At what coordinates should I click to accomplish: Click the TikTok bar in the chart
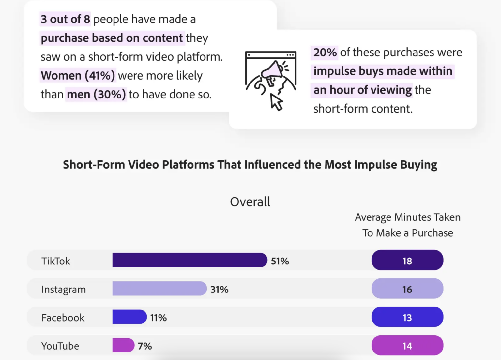(190, 260)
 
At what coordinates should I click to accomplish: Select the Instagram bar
(159, 289)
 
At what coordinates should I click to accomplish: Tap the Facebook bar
(129, 317)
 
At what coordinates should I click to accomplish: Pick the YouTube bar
(123, 345)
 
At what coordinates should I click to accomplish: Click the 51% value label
(280, 261)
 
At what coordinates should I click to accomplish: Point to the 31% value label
(219, 289)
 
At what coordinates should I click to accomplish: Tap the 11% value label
(159, 318)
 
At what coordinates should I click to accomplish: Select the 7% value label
(145, 346)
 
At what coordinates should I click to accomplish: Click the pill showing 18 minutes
(407, 260)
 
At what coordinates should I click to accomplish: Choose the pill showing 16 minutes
(407, 289)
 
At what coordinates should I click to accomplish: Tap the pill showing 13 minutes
(407, 317)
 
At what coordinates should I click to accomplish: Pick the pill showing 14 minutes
(407, 345)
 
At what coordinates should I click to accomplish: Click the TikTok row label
(56, 261)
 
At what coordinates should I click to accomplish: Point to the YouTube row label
(60, 346)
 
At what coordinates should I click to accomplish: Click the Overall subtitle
(250, 202)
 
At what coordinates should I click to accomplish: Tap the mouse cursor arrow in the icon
(276, 102)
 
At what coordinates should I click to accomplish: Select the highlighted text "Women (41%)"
(78, 75)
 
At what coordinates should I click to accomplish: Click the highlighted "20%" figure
(325, 52)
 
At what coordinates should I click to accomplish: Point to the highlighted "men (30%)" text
(96, 94)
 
